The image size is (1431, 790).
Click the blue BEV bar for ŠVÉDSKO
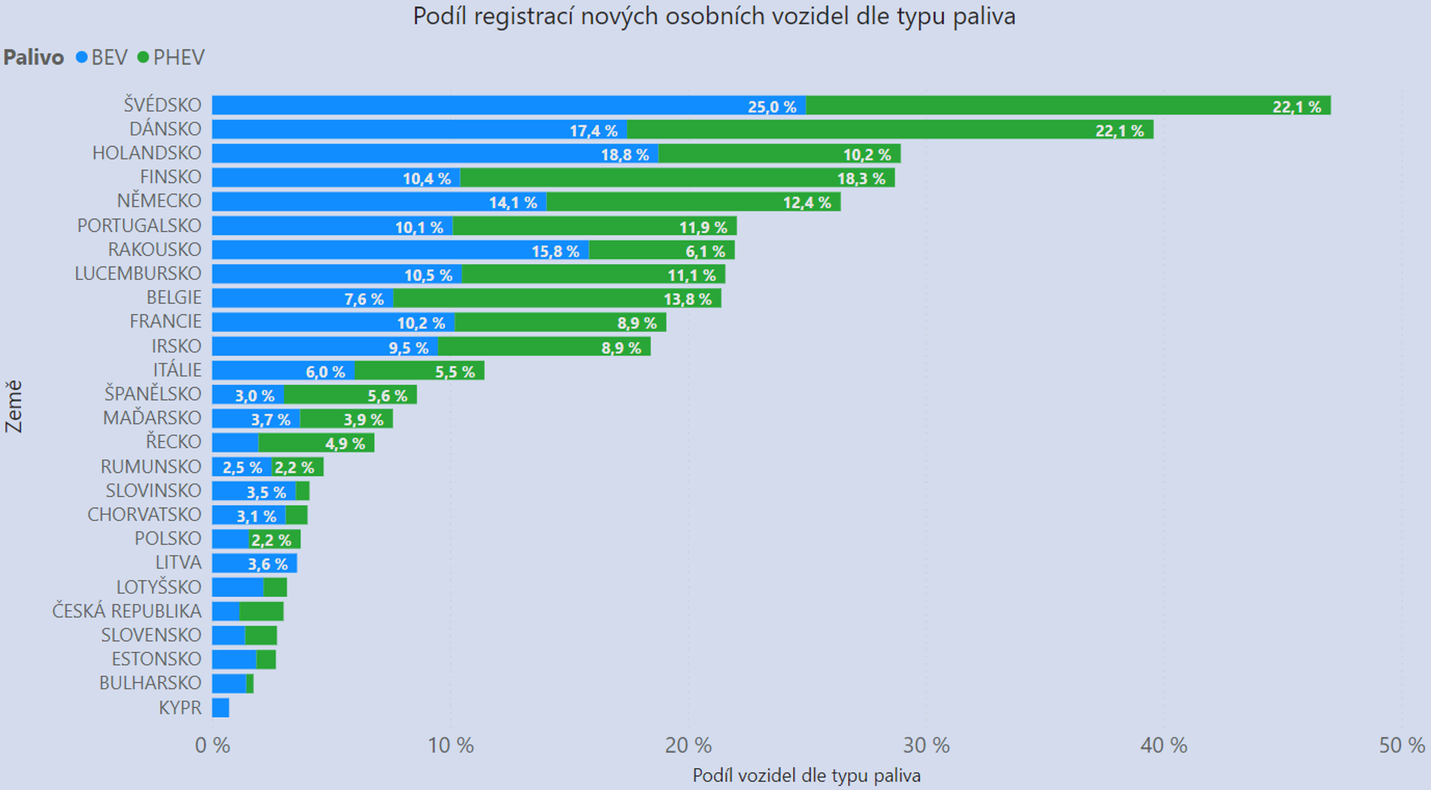(x=477, y=106)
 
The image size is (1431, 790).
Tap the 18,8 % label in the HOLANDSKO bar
(x=624, y=155)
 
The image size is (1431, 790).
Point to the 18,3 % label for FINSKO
(x=861, y=179)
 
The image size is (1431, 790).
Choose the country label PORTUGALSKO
(x=139, y=225)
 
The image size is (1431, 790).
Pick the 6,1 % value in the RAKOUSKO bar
(x=705, y=252)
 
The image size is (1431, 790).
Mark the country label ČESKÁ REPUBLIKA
(x=126, y=611)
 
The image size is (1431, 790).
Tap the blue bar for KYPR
(x=220, y=708)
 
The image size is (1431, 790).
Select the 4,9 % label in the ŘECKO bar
(x=345, y=444)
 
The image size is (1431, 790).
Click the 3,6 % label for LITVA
(x=268, y=564)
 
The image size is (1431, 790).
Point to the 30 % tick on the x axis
(x=926, y=745)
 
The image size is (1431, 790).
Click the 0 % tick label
(x=212, y=745)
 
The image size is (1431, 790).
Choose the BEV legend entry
(x=102, y=57)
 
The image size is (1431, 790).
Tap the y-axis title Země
(x=14, y=406)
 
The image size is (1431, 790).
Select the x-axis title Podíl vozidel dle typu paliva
(x=806, y=775)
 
